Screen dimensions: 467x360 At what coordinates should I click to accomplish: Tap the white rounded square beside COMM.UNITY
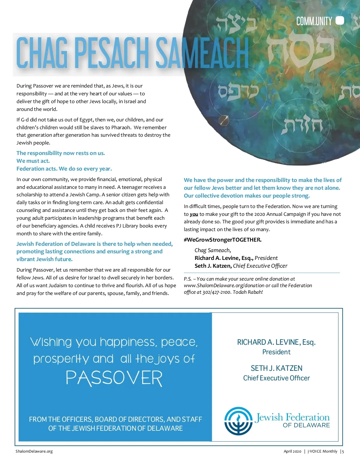[x=340, y=21]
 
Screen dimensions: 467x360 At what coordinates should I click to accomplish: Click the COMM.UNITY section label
[x=314, y=21]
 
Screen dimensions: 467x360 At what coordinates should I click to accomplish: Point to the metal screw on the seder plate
[x=223, y=120]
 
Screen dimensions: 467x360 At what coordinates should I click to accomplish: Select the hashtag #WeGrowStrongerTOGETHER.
[x=223, y=240]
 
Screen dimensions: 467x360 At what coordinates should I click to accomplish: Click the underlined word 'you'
[x=194, y=214]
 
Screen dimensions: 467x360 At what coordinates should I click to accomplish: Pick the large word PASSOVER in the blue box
[x=114, y=378]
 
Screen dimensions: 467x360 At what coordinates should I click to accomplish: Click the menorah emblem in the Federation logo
[x=238, y=421]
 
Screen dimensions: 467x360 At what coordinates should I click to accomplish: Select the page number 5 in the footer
[x=343, y=451]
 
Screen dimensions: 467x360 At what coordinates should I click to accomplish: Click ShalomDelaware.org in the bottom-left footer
[x=34, y=451]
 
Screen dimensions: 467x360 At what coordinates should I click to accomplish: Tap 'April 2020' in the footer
[x=292, y=451]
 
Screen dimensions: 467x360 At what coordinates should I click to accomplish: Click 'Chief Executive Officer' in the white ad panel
[x=276, y=378]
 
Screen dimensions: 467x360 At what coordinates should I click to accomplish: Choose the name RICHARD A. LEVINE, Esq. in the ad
[x=276, y=342]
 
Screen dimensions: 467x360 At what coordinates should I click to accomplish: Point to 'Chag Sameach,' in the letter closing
[x=213, y=250]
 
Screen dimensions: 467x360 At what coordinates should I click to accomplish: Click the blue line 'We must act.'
[x=33, y=161]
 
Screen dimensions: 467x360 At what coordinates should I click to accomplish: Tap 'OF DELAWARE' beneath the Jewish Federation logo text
[x=306, y=425]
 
